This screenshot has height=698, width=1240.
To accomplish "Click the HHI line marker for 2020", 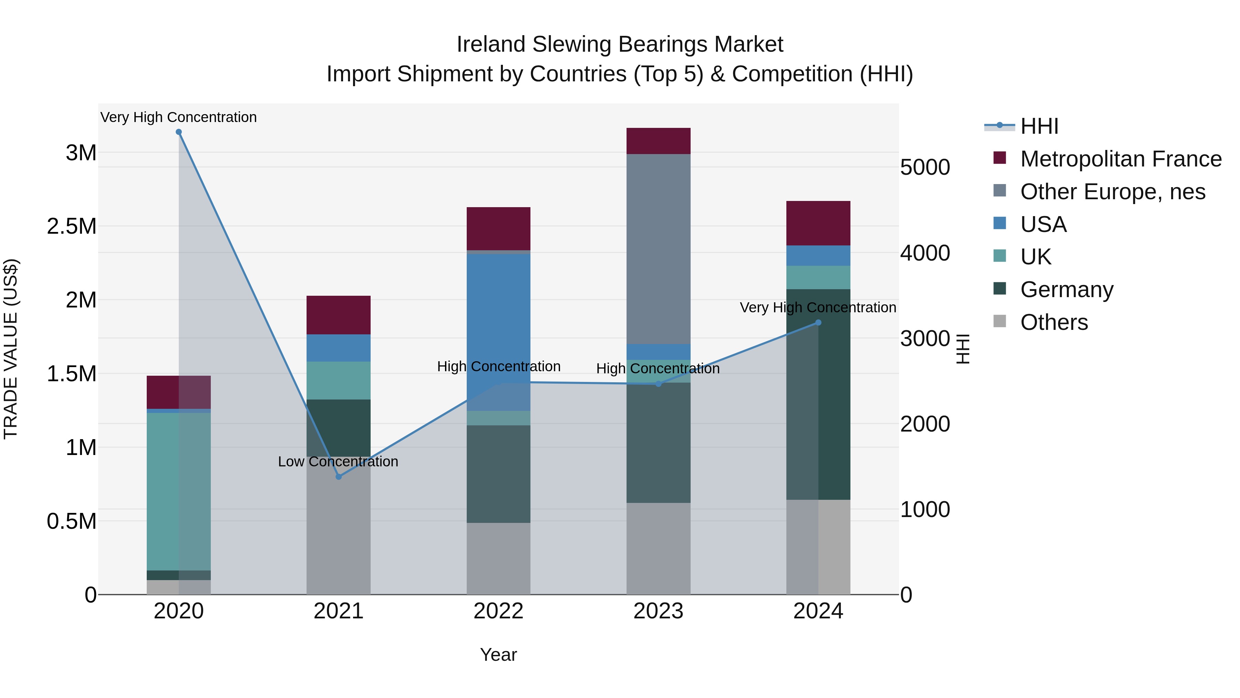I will pos(178,132).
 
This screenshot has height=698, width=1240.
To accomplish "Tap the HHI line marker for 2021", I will pos(338,476).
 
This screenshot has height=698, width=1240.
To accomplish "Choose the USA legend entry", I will pos(1043,224).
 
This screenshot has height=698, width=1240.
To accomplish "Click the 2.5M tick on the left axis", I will pos(72,226).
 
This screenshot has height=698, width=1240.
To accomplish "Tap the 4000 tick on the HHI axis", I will pos(925,253).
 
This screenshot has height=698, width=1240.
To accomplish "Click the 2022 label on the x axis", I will pos(498,611).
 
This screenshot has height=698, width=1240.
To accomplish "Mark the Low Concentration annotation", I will pos(338,462).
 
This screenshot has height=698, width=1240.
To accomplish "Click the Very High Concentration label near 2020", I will pos(178,117).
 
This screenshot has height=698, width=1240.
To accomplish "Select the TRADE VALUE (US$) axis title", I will pos(11,349).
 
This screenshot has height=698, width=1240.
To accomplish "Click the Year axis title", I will pos(498,655).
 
